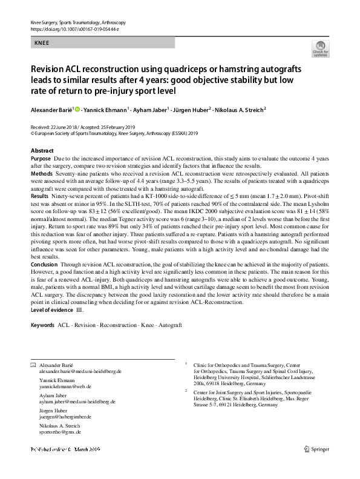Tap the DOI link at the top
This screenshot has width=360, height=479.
coord(70,28)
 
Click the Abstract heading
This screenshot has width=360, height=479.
coord(42,150)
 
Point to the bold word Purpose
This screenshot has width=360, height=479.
coord(41,158)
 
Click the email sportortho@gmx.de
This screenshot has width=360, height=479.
coord(60,432)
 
